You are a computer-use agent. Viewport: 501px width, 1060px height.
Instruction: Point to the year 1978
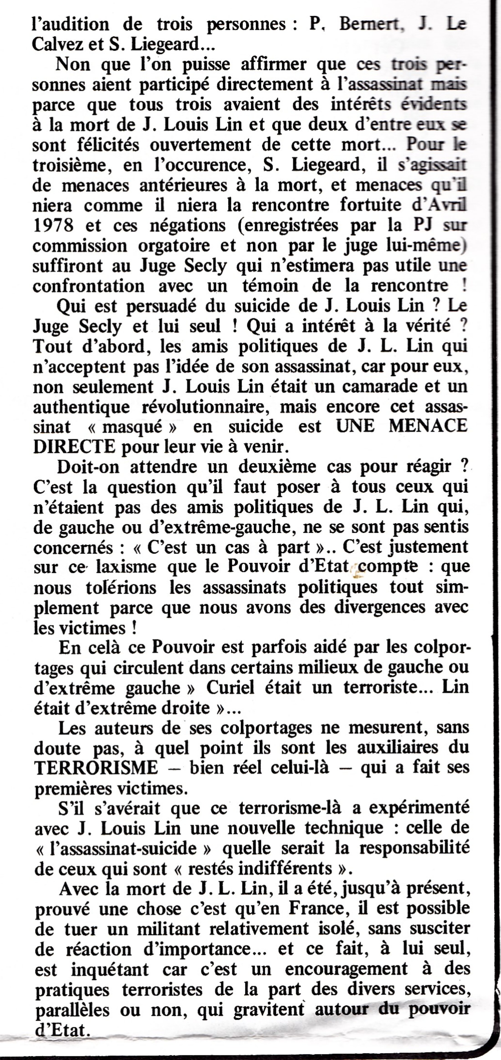tap(53, 225)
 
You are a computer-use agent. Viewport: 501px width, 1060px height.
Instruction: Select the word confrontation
tap(89, 285)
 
